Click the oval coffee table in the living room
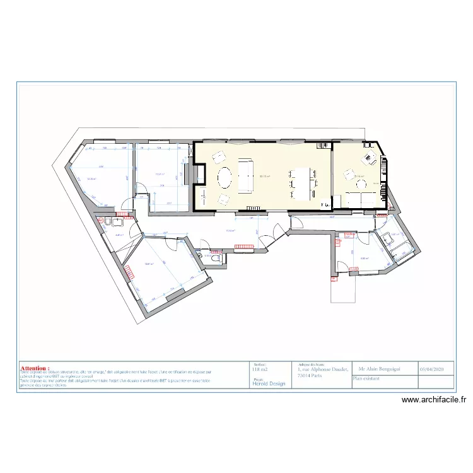pyautogui.click(x=225, y=178)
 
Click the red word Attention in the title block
pyautogui.click(x=35, y=367)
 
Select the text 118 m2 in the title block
pyautogui.click(x=260, y=370)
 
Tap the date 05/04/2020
pyautogui.click(x=436, y=370)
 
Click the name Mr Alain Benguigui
pyautogui.click(x=383, y=370)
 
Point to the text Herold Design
pyautogui.click(x=269, y=383)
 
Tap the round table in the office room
pyautogui.click(x=361, y=184)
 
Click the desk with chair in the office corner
pyautogui.click(x=368, y=156)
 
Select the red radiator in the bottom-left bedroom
pyautogui.click(x=130, y=272)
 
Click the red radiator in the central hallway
pyautogui.click(x=247, y=245)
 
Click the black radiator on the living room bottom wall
pyautogui.click(x=255, y=206)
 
